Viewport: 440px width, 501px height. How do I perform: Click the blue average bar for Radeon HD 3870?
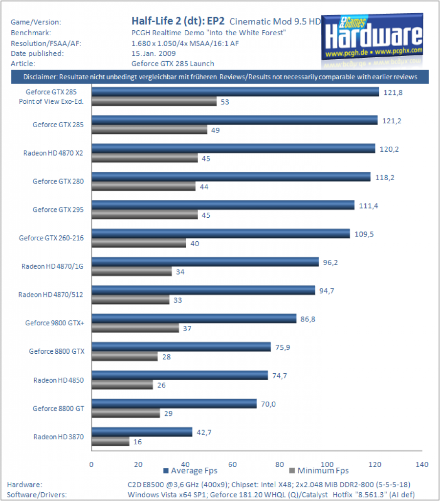click(142, 432)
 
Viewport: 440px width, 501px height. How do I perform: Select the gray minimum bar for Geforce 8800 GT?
click(126, 413)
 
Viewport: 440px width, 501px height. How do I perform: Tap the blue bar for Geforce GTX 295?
click(223, 205)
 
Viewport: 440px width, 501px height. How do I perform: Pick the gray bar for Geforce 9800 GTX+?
click(135, 328)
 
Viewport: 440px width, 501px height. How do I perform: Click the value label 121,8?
click(393, 92)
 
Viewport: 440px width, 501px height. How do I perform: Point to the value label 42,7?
click(204, 433)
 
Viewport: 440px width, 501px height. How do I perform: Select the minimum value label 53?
click(225, 102)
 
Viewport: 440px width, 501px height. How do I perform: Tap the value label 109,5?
click(364, 234)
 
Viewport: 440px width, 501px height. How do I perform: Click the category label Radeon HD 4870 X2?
click(53, 153)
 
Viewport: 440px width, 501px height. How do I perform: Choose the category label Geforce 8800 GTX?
click(57, 351)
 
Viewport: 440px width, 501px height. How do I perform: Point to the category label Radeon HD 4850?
click(59, 380)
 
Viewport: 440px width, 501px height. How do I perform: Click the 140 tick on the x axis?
click(422, 465)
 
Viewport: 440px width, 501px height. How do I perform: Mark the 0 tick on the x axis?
click(91, 465)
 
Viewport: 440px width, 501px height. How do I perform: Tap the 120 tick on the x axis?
click(374, 465)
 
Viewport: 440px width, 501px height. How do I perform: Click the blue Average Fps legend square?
click(166, 471)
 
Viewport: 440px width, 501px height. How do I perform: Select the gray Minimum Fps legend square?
click(292, 470)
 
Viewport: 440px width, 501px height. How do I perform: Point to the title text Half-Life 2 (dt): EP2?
click(178, 21)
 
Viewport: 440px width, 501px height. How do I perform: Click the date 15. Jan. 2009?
click(154, 53)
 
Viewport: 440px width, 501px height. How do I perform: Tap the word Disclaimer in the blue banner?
click(40, 77)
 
